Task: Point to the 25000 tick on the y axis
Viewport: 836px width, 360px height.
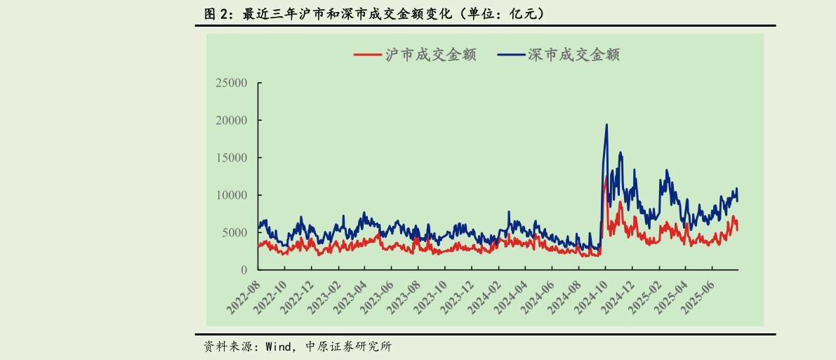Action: point(232,83)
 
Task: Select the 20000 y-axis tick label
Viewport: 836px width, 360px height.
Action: point(232,120)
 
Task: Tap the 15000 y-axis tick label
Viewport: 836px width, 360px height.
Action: point(232,158)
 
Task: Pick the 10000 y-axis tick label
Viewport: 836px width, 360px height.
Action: point(232,195)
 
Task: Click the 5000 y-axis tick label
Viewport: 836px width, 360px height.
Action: point(234,232)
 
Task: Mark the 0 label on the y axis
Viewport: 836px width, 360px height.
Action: point(244,270)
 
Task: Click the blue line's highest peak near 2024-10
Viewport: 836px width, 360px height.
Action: point(606,125)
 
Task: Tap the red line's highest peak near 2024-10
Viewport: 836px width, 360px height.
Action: point(606,177)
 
